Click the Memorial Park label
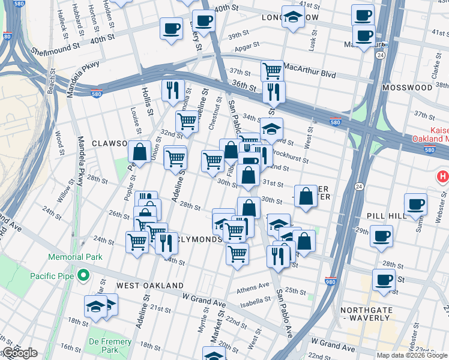75,257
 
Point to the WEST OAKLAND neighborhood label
149,285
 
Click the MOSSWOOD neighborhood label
411,88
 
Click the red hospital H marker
443,176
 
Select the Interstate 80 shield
7,36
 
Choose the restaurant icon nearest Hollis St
173,90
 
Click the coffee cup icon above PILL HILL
415,203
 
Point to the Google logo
19,353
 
